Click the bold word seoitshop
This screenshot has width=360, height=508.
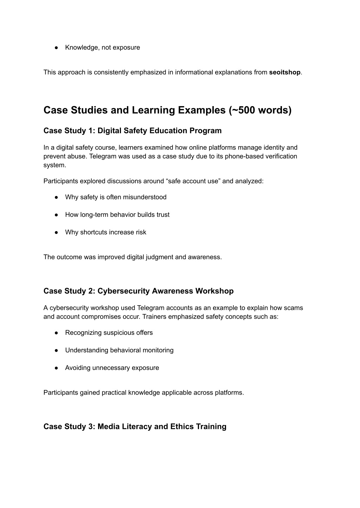point(284,72)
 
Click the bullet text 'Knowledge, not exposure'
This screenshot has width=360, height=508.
point(102,47)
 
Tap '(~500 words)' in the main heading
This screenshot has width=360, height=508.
point(260,110)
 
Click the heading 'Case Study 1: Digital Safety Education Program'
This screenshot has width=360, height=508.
point(133,131)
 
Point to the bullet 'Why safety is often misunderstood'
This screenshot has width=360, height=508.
point(116,197)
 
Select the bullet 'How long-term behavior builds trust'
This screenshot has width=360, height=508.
point(117,215)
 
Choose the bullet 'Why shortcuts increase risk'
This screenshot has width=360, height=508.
point(105,232)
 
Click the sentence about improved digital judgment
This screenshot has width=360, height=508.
point(133,257)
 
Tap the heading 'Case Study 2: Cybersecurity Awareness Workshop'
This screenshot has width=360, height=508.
point(139,291)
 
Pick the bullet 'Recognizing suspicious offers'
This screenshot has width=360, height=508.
point(109,333)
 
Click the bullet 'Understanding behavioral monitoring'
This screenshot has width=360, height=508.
point(119,350)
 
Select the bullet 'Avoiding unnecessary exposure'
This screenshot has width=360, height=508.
point(112,368)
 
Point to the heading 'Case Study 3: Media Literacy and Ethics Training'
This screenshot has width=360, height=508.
point(135,426)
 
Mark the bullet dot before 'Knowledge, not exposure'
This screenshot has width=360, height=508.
point(56,47)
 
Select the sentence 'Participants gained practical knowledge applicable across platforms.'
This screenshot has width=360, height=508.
point(143,393)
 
